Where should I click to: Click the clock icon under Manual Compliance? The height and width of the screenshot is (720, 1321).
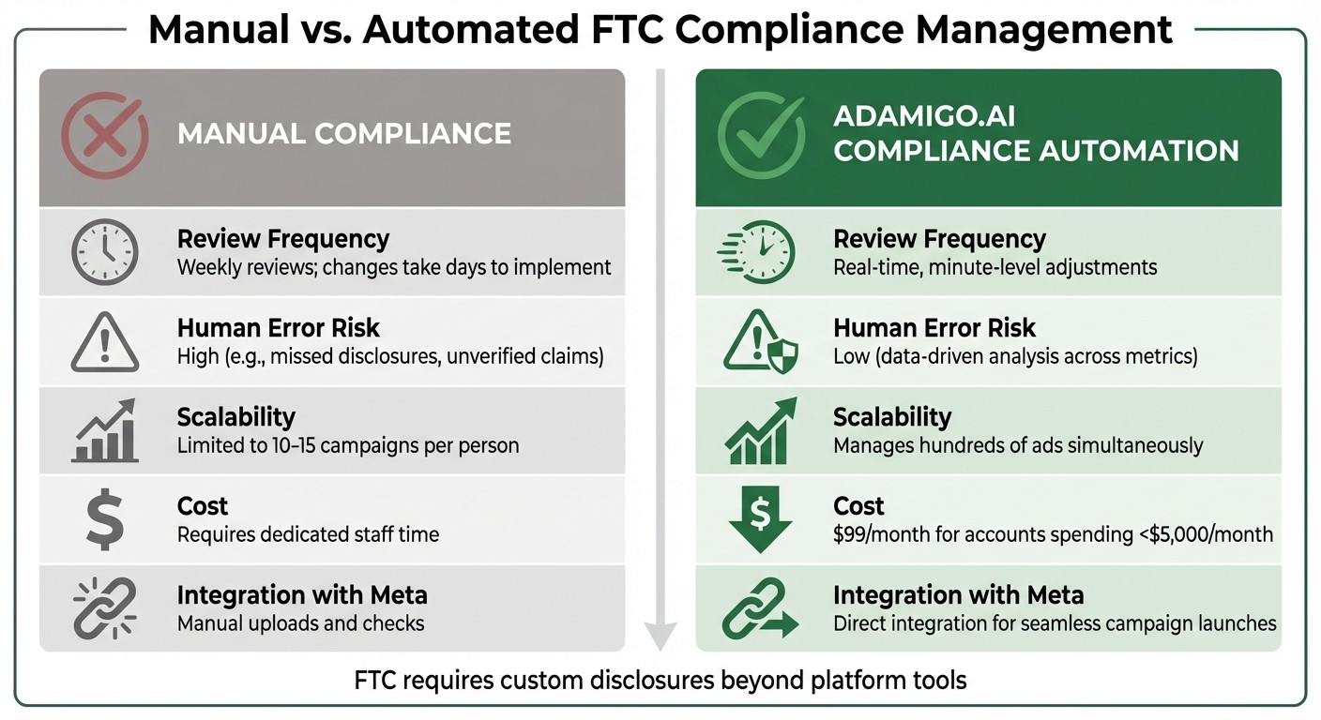(x=105, y=252)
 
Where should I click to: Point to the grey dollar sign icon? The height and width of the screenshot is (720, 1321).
(x=104, y=521)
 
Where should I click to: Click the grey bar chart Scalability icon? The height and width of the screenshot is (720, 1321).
(x=104, y=431)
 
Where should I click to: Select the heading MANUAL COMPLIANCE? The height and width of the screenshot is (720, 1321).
(x=344, y=133)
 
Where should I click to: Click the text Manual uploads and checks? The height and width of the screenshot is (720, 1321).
(x=300, y=623)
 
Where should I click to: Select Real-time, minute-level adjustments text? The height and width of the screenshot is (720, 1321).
(x=995, y=267)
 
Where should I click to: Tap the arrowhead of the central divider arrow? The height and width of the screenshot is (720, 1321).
(x=660, y=637)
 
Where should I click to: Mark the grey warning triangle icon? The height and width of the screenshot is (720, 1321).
(x=104, y=342)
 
